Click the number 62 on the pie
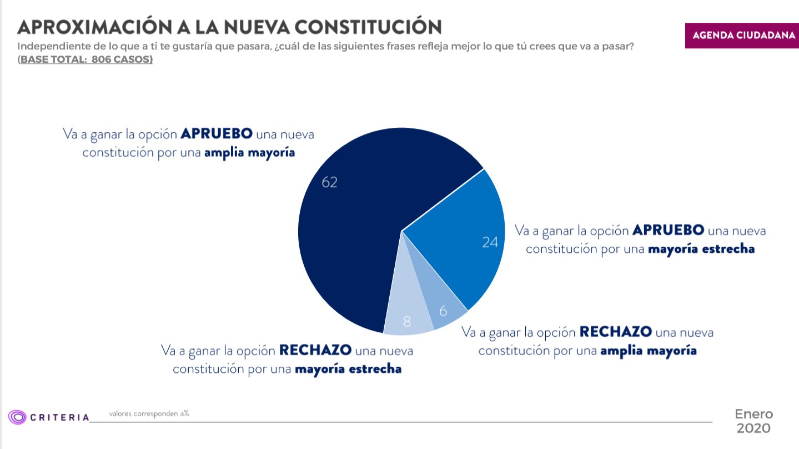[x=329, y=182]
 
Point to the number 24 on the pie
[x=490, y=242]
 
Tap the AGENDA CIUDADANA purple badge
[x=742, y=35]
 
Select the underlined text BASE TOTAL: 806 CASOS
[x=85, y=59]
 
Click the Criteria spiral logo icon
[x=17, y=417]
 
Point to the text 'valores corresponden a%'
[x=149, y=413]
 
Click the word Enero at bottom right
[x=753, y=414]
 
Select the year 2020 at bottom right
[x=753, y=428]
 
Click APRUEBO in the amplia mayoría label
[x=217, y=134]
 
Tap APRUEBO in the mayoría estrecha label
[x=669, y=230]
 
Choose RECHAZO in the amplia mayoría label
[x=615, y=332]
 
